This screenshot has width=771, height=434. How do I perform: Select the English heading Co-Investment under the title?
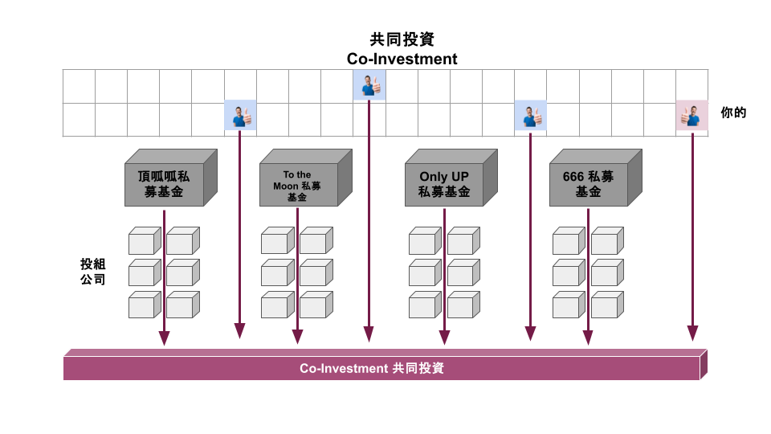pyautogui.click(x=402, y=59)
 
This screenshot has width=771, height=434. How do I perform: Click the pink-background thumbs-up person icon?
pyautogui.click(x=691, y=117)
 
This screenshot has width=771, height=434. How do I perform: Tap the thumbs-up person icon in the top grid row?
pyautogui.click(x=369, y=84)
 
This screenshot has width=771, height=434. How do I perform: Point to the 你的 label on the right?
pyautogui.click(x=734, y=113)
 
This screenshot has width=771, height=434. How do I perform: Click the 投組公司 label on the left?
pyautogui.click(x=92, y=272)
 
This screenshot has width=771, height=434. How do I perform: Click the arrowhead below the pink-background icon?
pyautogui.click(x=692, y=333)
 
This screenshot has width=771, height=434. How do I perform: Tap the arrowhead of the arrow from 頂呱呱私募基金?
pyautogui.click(x=164, y=338)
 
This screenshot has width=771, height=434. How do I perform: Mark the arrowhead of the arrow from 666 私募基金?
pyautogui.click(x=587, y=338)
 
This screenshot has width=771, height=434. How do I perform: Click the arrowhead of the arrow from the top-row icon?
pyautogui.click(x=369, y=334)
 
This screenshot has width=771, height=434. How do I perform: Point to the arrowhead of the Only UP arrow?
pyautogui.click(x=444, y=338)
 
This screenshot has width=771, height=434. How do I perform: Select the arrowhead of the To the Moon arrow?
pyautogui.click(x=297, y=338)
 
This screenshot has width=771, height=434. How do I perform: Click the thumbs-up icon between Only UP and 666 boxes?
pyautogui.click(x=530, y=117)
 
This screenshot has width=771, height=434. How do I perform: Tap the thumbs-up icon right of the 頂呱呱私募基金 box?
pyautogui.click(x=240, y=117)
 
